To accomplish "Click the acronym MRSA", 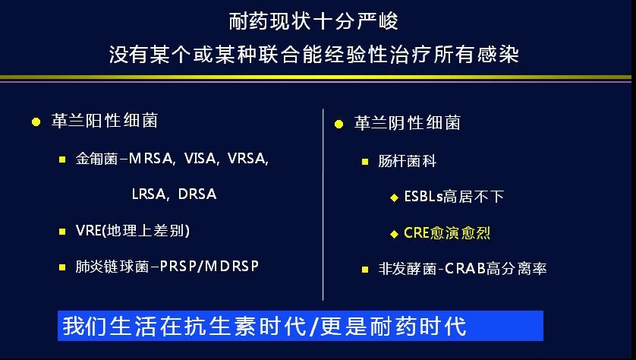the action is tap(150, 158).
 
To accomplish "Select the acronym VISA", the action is tap(200, 158).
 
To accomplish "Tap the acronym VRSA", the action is tap(247, 158).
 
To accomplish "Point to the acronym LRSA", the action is tap(149, 194).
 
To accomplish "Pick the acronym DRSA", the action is tap(197, 194).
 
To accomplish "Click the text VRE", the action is tap(89, 231).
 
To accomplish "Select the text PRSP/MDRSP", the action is tap(209, 267).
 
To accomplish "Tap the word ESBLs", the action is tap(423, 197).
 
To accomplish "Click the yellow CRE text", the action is tap(417, 233).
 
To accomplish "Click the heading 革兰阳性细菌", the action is tap(105, 121).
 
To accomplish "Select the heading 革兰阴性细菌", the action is tap(408, 122).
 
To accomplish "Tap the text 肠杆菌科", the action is tap(408, 161).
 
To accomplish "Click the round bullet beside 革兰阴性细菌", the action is tap(338, 124).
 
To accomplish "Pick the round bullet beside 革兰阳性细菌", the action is tap(36, 122).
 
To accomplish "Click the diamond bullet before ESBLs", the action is tap(394, 197).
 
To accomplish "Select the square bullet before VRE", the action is tap(62, 232).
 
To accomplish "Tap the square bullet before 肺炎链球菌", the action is tap(62, 267).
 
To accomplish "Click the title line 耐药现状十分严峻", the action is tap(313, 21).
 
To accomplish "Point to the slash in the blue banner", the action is tap(313, 327).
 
